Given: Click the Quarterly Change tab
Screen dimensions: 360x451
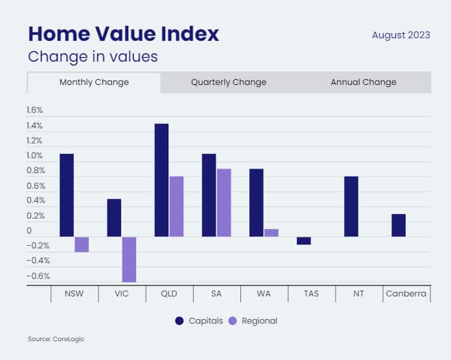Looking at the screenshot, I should coord(229,82).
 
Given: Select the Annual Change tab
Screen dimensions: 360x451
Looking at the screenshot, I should coord(364,82).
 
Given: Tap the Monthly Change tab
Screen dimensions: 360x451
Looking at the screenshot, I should coord(94,82).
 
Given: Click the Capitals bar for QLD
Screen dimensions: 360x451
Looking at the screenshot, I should coord(161,180).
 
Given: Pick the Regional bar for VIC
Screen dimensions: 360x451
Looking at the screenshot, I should coord(128,259).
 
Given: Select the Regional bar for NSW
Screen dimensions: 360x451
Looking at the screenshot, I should coord(82,244).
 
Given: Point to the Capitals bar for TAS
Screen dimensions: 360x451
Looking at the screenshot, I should coord(304,241).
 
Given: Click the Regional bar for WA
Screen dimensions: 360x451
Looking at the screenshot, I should coord(272,233).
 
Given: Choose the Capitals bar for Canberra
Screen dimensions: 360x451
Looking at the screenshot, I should coord(399,225).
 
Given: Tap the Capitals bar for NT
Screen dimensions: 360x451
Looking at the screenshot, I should coord(351,206).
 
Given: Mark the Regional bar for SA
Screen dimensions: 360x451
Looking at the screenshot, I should coord(224,202).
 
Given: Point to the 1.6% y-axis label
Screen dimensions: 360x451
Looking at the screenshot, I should coord(34,110).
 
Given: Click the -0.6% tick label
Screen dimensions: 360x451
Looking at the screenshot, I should coord(38,276).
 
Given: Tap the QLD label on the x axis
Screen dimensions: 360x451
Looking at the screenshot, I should coord(169,294).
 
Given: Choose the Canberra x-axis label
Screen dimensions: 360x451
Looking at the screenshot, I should coord(406,294).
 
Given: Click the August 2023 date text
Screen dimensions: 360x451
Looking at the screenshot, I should coord(400,35).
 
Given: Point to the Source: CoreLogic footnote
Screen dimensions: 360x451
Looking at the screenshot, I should coord(56,339).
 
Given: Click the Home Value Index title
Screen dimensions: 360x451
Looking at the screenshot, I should coord(123,34).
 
